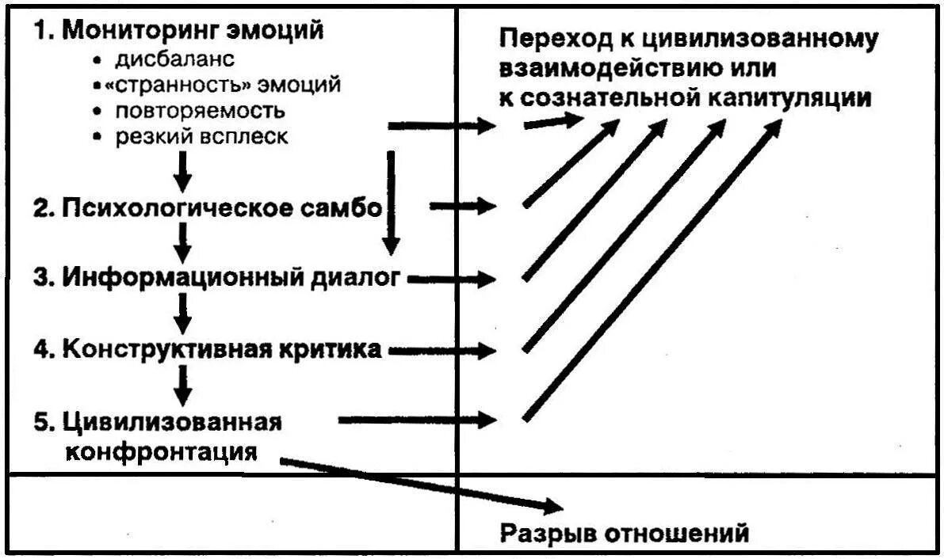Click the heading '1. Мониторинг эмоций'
pyautogui.click(x=178, y=31)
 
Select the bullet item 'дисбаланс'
pyautogui.click(x=175, y=59)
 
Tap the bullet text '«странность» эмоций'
pyautogui.click(x=227, y=84)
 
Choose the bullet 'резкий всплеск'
pyautogui.click(x=201, y=136)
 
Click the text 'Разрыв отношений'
pyautogui.click(x=624, y=533)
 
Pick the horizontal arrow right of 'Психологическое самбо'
pyautogui.click(x=463, y=207)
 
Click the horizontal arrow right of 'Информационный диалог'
pyautogui.click(x=452, y=279)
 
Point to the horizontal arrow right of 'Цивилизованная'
pyautogui.click(x=417, y=420)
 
